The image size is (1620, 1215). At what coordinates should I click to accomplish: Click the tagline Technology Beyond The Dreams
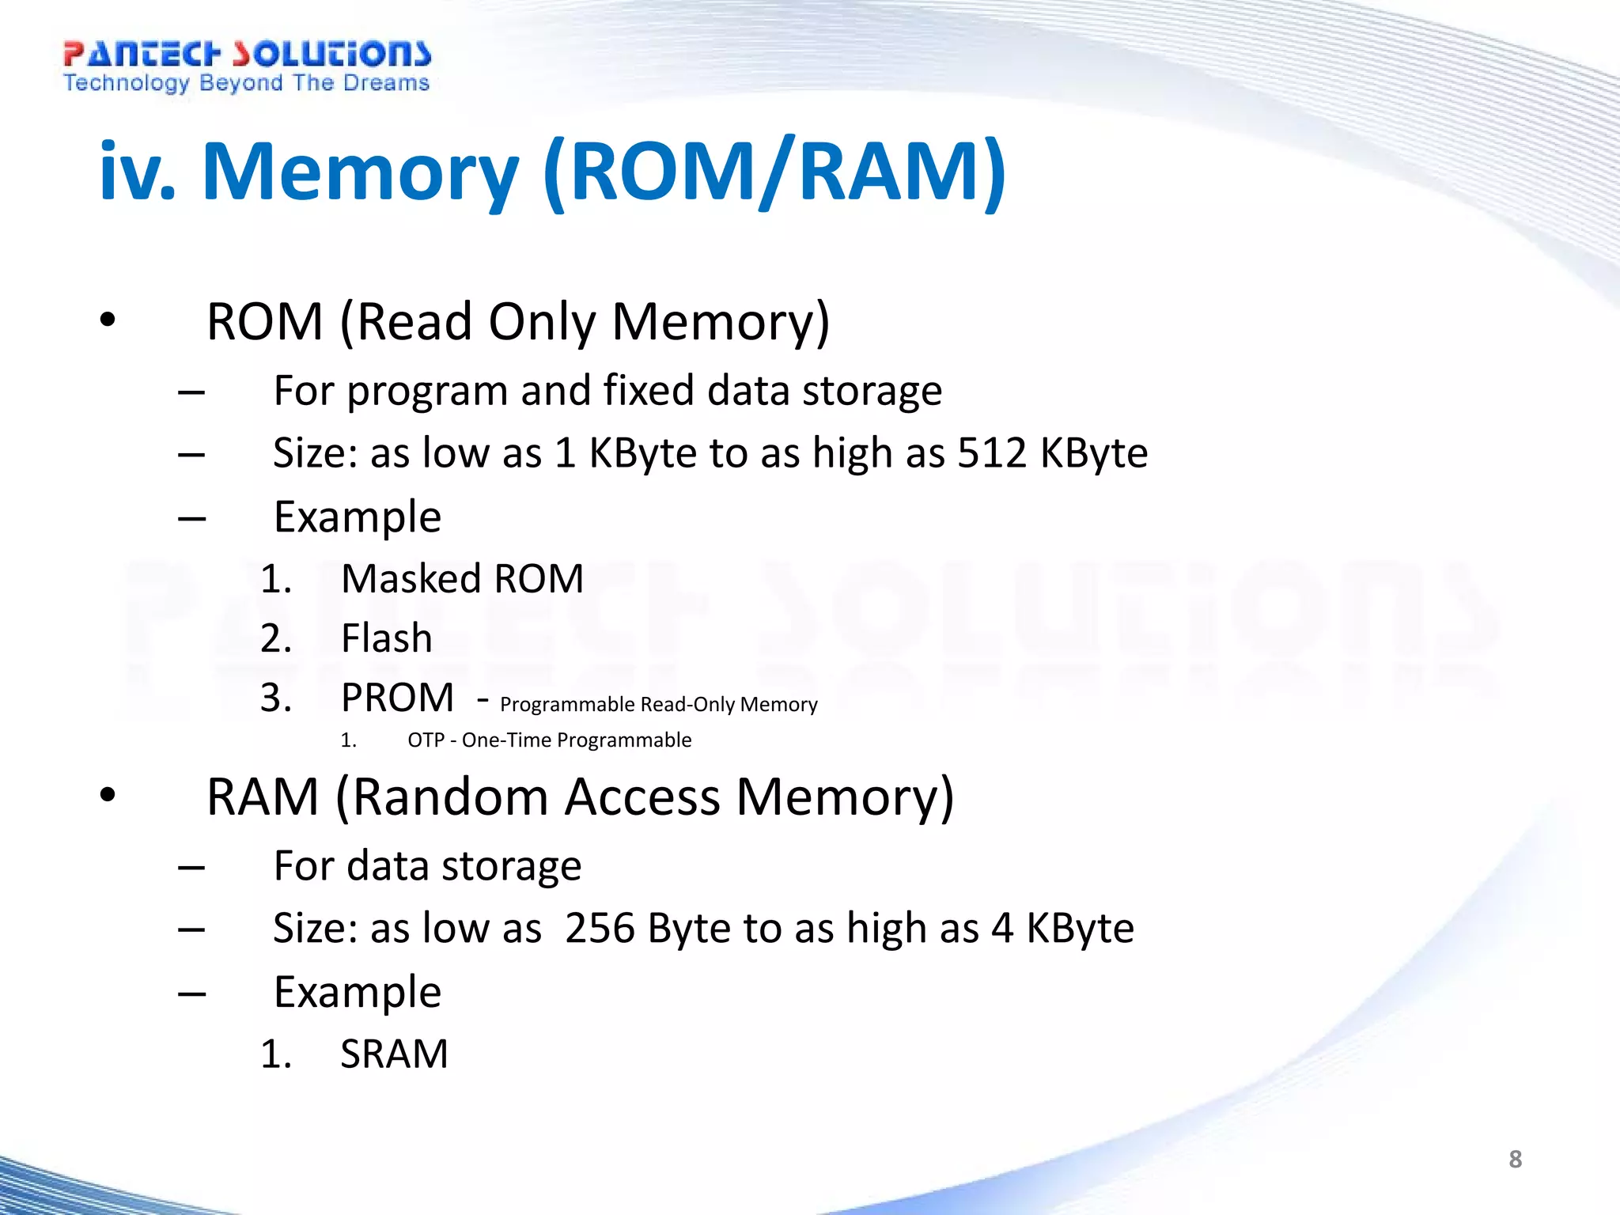coord(246,83)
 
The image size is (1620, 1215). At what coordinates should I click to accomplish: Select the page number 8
coord(1515,1159)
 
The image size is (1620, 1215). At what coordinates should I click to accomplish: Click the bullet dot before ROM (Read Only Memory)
coord(108,320)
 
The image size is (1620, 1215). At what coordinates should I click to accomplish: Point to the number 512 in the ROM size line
coord(992,453)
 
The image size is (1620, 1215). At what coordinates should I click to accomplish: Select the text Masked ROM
coord(462,578)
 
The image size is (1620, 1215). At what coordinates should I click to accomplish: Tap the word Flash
coord(387,638)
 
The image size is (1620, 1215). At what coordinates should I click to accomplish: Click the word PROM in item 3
coord(397,698)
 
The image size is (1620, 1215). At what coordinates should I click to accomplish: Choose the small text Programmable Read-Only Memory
coord(658,704)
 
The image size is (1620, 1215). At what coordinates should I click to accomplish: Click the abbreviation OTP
coord(426,740)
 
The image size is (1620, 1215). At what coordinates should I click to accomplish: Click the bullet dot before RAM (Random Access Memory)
coord(108,795)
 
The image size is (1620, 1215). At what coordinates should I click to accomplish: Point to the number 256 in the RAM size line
coord(600,928)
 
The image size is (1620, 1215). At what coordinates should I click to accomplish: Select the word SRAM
coord(394,1054)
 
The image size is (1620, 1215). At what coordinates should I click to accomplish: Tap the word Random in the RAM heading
coord(450,797)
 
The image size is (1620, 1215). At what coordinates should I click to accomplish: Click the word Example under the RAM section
coord(357,992)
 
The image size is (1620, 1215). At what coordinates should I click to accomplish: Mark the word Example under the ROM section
coord(357,517)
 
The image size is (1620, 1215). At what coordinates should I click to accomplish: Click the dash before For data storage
coord(191,867)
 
